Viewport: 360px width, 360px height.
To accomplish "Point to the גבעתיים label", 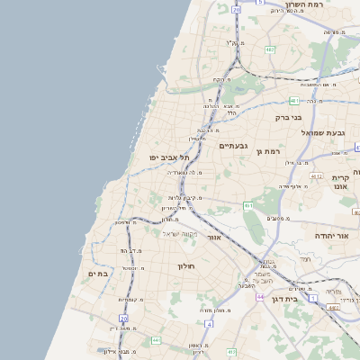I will pyautogui.click(x=233, y=145).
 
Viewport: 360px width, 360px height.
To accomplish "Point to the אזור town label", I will pyautogui.click(x=213, y=238).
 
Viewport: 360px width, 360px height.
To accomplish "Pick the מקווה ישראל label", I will pyautogui.click(x=179, y=233).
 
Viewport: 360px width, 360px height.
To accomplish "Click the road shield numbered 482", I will pyautogui.click(x=269, y=49).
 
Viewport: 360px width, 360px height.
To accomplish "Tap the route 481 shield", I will pyautogui.click(x=294, y=102).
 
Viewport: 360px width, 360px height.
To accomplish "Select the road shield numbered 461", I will pyautogui.click(x=247, y=206).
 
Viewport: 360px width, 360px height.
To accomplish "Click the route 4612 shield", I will pyautogui.click(x=316, y=176).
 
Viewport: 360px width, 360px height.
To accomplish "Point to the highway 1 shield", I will pyautogui.click(x=313, y=297).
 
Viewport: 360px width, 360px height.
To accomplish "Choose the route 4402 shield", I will pyautogui.click(x=334, y=308).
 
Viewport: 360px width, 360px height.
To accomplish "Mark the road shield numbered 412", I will pyautogui.click(x=231, y=351).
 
